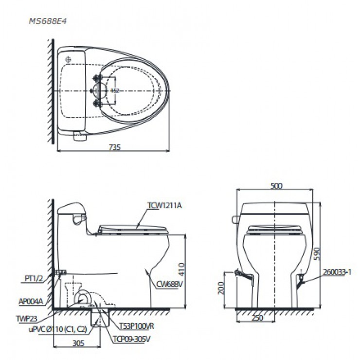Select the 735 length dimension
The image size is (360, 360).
114,146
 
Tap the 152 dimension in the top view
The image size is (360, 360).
115,90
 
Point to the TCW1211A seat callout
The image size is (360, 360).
164,205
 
